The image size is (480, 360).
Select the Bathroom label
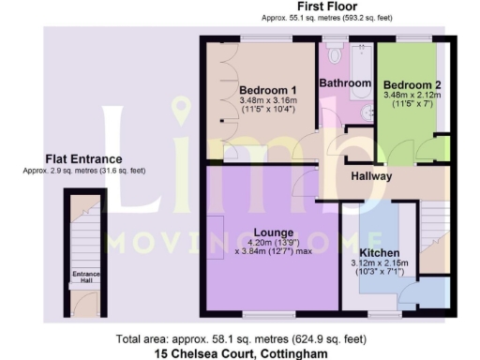click(345, 83)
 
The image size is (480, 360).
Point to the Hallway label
click(371, 176)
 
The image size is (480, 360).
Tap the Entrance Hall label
click(85, 277)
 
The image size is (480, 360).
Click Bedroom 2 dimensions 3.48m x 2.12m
click(411, 95)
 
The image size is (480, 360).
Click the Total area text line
click(241, 339)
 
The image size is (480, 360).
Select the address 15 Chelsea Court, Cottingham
click(241, 353)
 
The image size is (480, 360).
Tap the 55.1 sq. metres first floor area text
click(326, 18)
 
